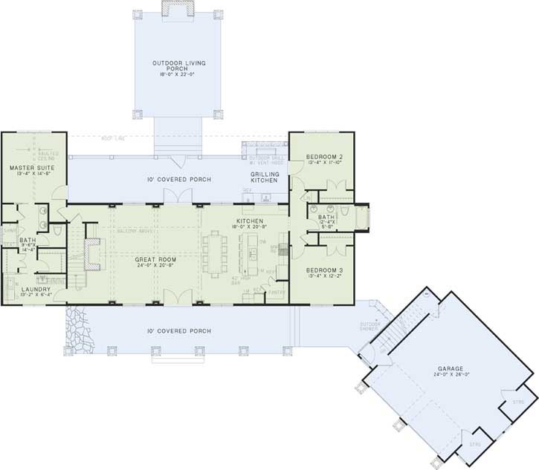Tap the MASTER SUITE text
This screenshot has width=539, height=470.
point(29,169)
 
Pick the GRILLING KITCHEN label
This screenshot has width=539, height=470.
point(264,177)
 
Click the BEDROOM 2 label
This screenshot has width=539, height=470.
point(323,157)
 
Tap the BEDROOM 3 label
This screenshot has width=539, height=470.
point(323,269)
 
